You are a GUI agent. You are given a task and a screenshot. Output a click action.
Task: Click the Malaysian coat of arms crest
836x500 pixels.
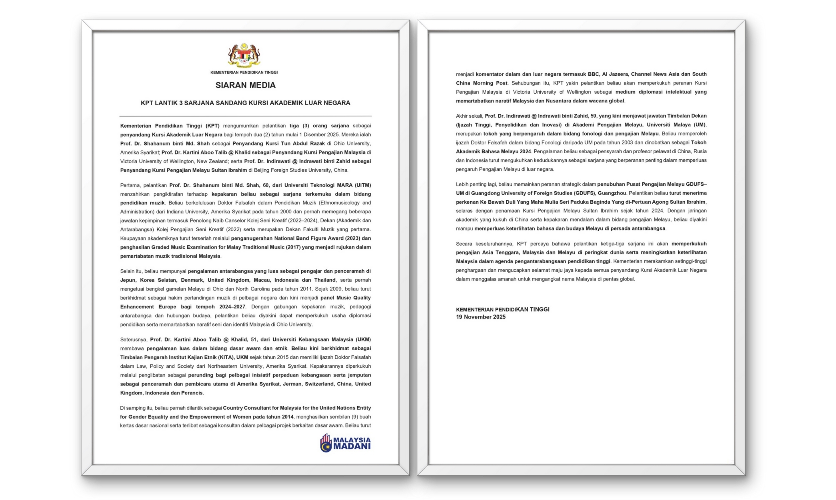[x=244, y=55]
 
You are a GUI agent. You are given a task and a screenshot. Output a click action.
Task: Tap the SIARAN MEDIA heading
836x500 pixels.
[x=245, y=85]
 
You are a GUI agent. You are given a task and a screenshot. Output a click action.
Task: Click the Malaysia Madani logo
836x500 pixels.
[x=345, y=443]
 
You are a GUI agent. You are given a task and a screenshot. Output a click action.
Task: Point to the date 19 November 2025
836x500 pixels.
[x=481, y=317]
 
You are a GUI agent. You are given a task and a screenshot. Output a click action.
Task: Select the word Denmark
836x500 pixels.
[x=192, y=280]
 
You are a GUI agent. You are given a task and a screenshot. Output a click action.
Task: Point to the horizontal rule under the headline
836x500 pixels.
[x=245, y=116]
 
